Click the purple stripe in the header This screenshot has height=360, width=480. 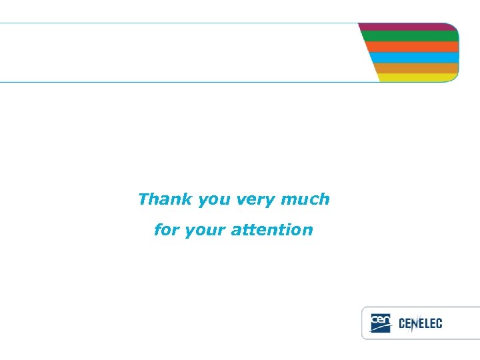408,27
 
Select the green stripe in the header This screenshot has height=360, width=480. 410,36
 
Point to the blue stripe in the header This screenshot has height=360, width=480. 415,57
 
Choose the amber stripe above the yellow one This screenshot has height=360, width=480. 417,68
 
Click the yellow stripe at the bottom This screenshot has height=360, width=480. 419,77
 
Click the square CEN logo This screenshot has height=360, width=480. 380,323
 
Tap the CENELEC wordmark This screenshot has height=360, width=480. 420,324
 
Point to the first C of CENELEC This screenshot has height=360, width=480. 402,324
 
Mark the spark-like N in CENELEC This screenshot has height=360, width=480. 414,324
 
